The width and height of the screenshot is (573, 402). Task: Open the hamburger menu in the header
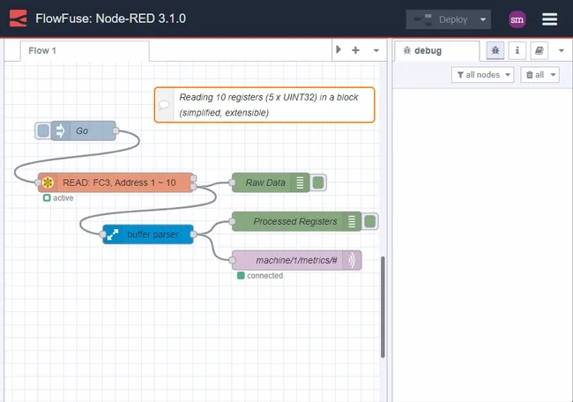[549, 19]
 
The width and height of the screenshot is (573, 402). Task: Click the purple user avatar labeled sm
[517, 19]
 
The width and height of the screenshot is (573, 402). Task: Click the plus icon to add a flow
[355, 51]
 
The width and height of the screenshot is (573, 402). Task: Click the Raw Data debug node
[265, 182]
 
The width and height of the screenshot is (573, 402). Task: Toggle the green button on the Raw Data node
[319, 182]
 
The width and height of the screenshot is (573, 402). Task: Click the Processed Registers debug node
[294, 221]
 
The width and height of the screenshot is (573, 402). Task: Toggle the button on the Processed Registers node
[371, 221]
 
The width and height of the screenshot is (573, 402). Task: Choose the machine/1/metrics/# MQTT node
[295, 260]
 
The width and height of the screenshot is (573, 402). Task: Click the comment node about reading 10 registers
[264, 105]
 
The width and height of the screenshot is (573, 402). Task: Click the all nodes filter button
[482, 75]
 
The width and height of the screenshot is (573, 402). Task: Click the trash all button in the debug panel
[540, 75]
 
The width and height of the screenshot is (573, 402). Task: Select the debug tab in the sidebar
[435, 51]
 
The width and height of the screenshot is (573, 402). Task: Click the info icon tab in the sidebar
[517, 51]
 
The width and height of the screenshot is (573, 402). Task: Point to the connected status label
[264, 276]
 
